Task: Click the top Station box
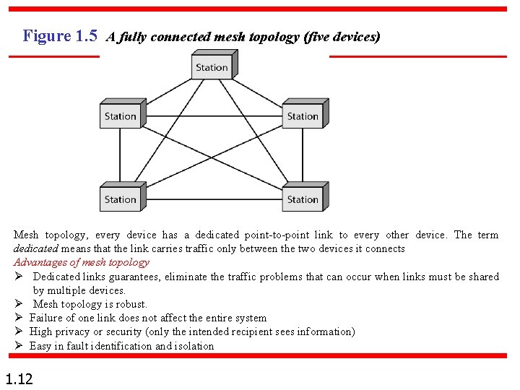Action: point(212,68)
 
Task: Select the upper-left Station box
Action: point(120,116)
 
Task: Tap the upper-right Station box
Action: point(303,116)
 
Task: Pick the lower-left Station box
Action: point(120,199)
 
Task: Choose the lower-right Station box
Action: point(303,199)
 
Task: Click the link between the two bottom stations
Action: point(211,200)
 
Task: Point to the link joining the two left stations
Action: point(120,157)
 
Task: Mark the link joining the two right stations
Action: point(303,157)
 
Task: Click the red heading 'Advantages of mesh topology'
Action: point(82,262)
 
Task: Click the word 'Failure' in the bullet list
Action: point(47,318)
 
